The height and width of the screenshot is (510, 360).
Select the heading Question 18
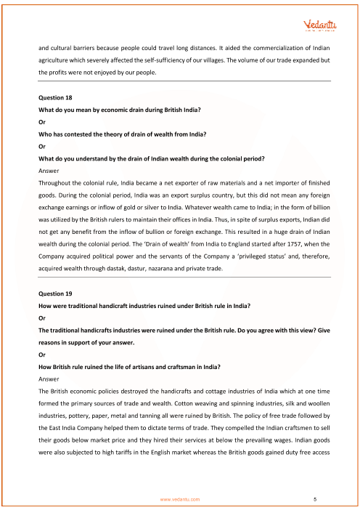tap(56, 97)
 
